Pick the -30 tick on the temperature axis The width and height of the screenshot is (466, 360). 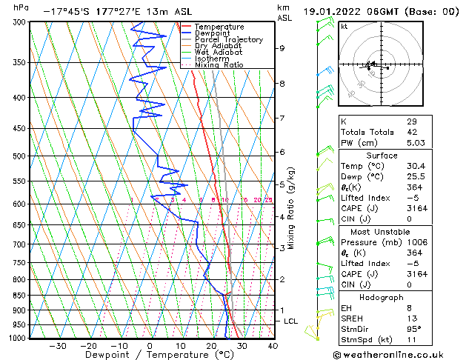[57, 346]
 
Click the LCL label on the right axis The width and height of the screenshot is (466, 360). [291, 321]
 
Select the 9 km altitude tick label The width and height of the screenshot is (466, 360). [282, 48]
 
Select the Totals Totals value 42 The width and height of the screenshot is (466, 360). [412, 132]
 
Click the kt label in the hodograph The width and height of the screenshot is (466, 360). [344, 26]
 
